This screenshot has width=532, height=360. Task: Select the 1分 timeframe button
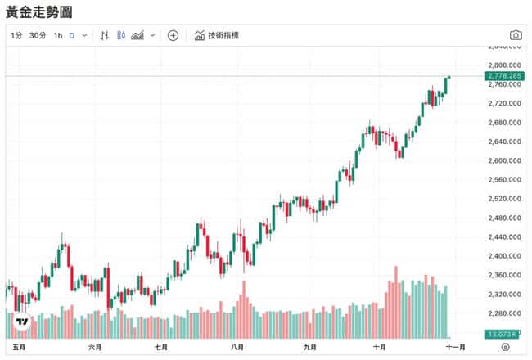click(16, 35)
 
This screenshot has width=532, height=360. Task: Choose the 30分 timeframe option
click(38, 35)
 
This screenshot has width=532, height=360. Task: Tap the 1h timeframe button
click(58, 35)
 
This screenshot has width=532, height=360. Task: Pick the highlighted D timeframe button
click(72, 35)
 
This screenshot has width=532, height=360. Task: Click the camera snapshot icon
click(516, 35)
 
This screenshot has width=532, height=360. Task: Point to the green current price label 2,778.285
click(503, 75)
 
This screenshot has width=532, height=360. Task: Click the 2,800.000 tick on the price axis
click(503, 65)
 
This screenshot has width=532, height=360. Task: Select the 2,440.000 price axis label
click(503, 237)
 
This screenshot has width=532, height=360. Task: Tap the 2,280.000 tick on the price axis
click(503, 313)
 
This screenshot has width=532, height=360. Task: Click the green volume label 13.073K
click(500, 335)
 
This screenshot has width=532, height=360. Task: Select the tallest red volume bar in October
click(396, 301)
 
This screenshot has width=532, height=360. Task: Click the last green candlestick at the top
click(449, 83)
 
